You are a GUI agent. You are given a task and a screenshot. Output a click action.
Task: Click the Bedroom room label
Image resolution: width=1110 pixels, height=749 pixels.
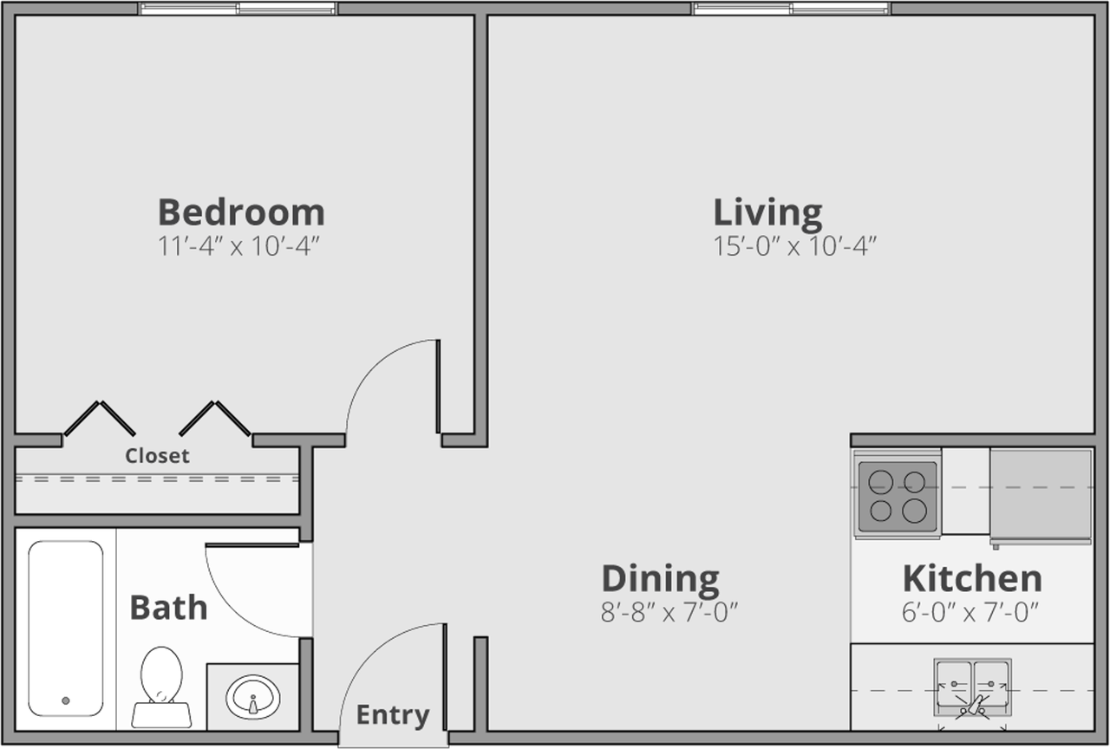pyautogui.click(x=241, y=212)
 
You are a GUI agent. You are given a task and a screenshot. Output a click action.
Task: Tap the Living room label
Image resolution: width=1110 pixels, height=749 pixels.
pyautogui.click(x=767, y=212)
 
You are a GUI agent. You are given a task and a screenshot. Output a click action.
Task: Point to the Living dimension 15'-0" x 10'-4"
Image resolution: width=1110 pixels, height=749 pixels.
pyautogui.click(x=795, y=246)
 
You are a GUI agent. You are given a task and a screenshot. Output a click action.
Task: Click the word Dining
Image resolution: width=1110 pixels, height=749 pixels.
pyautogui.click(x=660, y=578)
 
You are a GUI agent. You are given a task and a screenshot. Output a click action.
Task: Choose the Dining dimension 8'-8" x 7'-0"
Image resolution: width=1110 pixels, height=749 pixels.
pyautogui.click(x=669, y=613)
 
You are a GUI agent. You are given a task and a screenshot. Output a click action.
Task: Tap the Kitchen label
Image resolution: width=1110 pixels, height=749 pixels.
pyautogui.click(x=971, y=578)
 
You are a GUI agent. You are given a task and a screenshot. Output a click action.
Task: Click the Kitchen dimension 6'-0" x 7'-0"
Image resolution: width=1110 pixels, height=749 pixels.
pyautogui.click(x=970, y=613)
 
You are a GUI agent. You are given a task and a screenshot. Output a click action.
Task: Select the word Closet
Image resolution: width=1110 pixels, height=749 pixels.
pyautogui.click(x=157, y=456)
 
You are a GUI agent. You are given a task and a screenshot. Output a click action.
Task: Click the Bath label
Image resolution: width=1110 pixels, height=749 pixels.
pyautogui.click(x=168, y=608)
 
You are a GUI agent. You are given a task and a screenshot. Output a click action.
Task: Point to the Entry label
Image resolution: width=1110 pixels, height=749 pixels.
pyautogui.click(x=393, y=715)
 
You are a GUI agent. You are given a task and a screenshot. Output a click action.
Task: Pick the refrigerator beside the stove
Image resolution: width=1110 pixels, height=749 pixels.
pyautogui.click(x=1041, y=494)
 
